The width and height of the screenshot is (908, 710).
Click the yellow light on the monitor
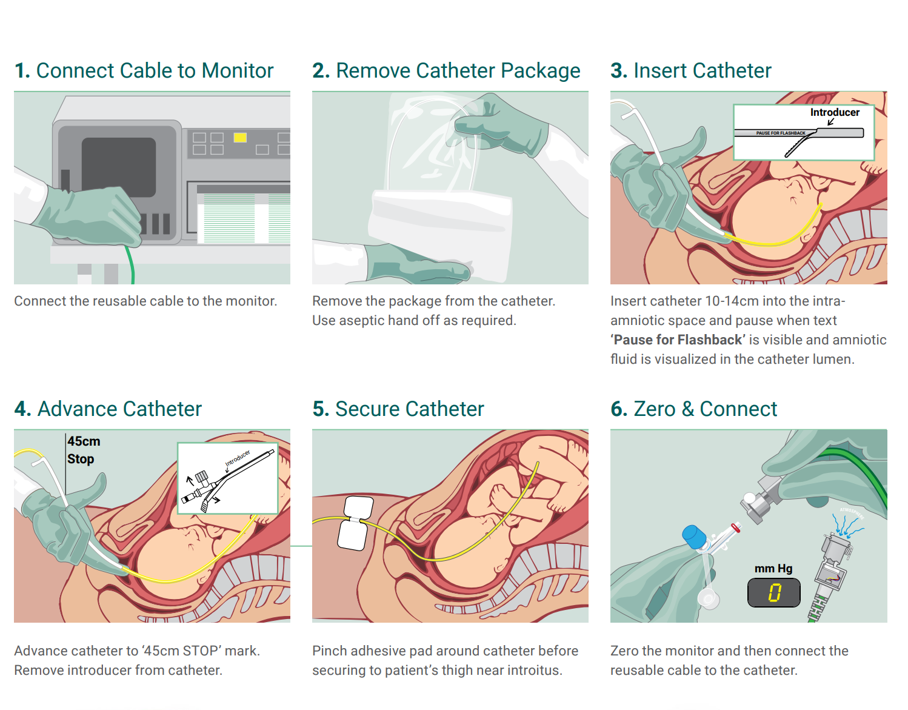(240, 138)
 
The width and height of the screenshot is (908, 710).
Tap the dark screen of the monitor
(119, 167)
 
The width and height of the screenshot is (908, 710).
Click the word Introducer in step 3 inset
(835, 112)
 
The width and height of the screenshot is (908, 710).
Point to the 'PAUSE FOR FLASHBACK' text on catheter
(781, 133)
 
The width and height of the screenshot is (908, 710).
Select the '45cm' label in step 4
(84, 441)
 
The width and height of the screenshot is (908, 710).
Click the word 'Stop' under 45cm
(81, 459)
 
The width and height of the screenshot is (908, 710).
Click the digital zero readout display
(774, 592)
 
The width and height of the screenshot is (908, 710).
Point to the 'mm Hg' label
(773, 568)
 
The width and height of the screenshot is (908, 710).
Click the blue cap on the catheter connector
(695, 537)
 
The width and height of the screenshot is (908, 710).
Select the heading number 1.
(22, 71)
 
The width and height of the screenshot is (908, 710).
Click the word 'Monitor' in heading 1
(238, 71)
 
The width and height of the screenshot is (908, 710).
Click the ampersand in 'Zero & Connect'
(687, 409)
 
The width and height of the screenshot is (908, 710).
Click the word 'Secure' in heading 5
(368, 409)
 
